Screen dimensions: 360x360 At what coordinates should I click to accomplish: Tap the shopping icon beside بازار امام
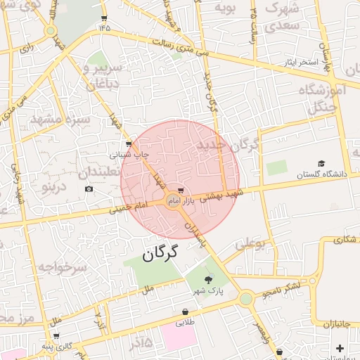click(x=181, y=191)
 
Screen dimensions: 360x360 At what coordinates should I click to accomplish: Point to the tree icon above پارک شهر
click(x=207, y=279)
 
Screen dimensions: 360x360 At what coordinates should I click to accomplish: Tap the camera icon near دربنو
click(x=89, y=188)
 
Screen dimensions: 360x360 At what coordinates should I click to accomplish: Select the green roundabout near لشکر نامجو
click(x=245, y=299)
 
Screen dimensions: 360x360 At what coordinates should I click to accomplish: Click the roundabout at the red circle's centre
click(x=173, y=202)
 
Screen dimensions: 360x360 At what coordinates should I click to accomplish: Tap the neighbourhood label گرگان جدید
click(x=228, y=146)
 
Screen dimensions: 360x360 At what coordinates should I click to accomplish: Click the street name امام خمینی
click(x=131, y=207)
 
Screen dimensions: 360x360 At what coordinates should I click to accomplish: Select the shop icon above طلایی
click(x=185, y=312)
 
